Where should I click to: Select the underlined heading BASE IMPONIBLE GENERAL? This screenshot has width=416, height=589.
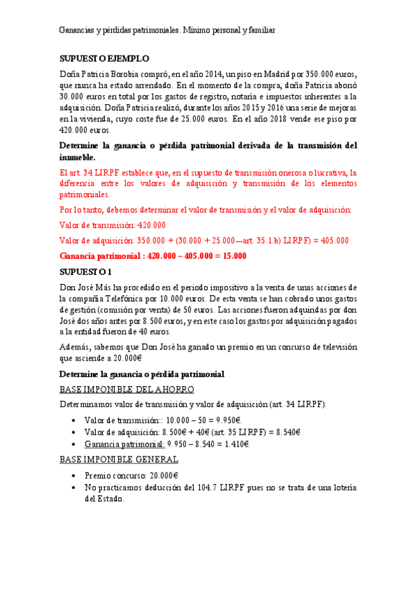119,459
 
